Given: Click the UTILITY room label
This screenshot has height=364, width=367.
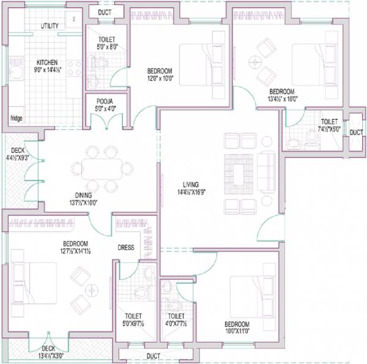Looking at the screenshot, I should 50,26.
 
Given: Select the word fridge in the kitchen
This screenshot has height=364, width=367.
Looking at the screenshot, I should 17,118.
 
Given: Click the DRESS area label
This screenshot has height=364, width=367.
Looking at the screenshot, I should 126,248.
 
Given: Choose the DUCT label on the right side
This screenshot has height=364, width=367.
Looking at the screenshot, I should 355,132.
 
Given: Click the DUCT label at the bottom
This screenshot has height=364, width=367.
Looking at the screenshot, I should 154,356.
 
